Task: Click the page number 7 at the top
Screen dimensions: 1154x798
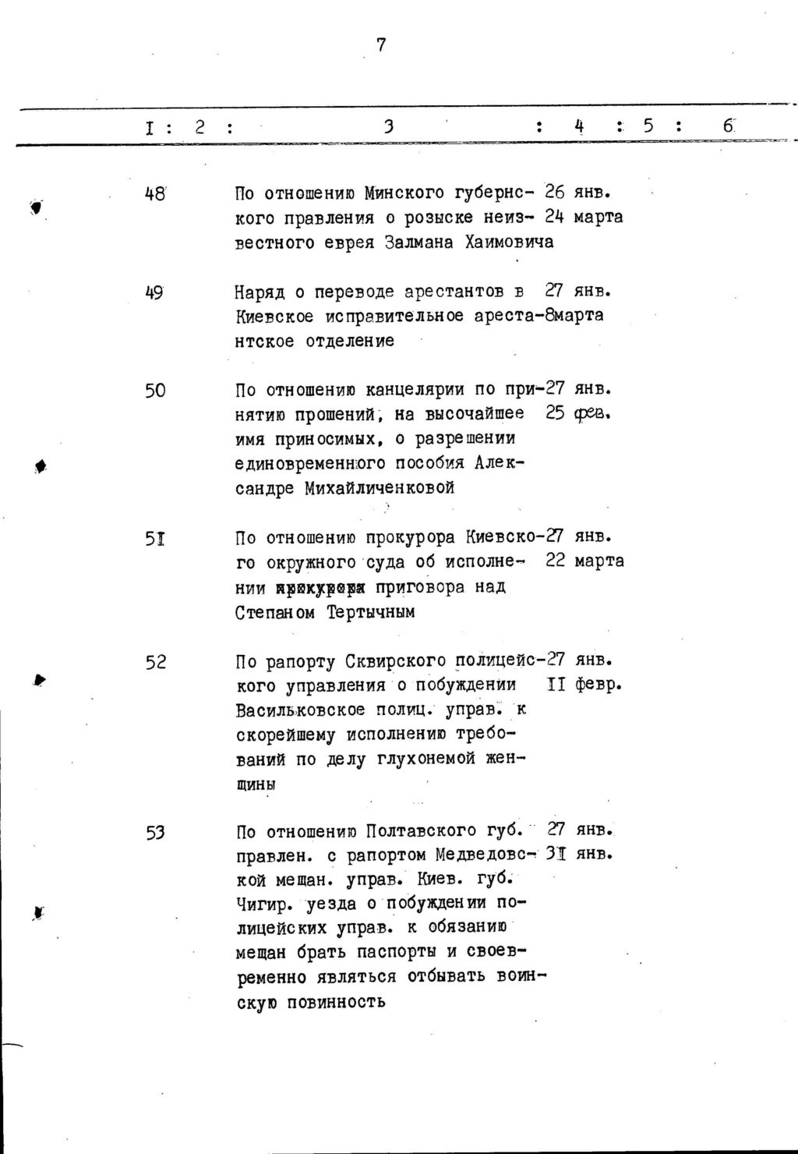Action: pos(381,45)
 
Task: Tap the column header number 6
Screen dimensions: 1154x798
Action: pos(728,126)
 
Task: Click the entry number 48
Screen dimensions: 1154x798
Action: pos(155,193)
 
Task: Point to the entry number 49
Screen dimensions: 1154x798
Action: pos(154,292)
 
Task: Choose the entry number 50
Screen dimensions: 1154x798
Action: pos(155,390)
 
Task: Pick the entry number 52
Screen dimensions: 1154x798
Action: pos(155,662)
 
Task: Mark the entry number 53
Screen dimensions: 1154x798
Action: pos(155,832)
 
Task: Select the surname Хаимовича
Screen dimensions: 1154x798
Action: pos(509,242)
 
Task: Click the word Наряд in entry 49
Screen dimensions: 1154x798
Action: pos(260,292)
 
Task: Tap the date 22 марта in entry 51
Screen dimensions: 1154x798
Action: pos(584,561)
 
